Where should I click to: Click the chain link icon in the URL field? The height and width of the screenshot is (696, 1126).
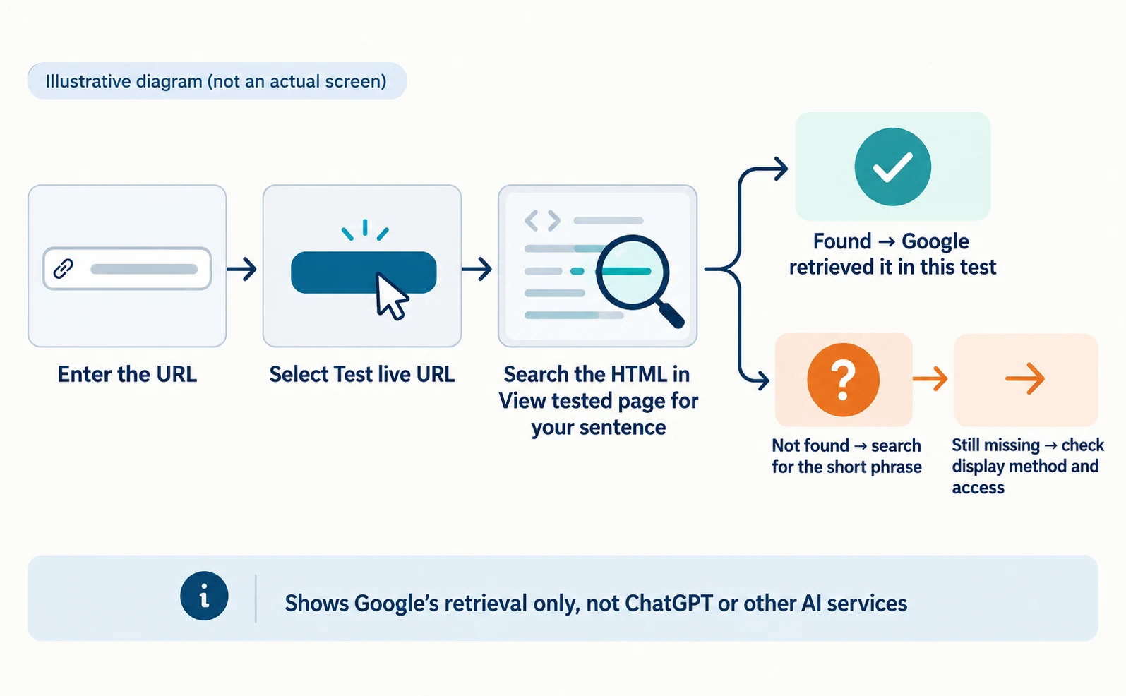point(64,269)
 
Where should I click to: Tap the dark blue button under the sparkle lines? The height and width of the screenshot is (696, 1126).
point(364,272)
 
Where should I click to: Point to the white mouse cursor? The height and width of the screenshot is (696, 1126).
point(391,296)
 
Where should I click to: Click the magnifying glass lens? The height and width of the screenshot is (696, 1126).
point(633,272)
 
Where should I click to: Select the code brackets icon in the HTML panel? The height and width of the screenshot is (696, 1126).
point(542,221)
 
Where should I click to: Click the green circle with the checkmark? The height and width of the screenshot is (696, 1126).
point(893,167)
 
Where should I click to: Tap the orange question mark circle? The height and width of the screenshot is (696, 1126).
point(844,380)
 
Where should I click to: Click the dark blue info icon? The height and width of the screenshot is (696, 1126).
point(204,596)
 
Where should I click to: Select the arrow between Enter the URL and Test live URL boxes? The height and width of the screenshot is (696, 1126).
point(241,270)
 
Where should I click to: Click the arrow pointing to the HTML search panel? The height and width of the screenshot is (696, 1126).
point(477,270)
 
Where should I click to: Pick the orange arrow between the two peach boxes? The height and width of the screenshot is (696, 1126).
point(930,379)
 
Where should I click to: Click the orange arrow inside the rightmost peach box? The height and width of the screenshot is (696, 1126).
point(1026,378)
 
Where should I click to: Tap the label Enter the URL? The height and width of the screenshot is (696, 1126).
point(127,374)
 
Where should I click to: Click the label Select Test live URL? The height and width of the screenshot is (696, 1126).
point(362,374)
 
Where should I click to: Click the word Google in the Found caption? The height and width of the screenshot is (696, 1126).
point(935,242)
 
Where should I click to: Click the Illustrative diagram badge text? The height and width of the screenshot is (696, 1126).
point(216,81)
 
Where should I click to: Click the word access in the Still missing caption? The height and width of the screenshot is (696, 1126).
point(978,488)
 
